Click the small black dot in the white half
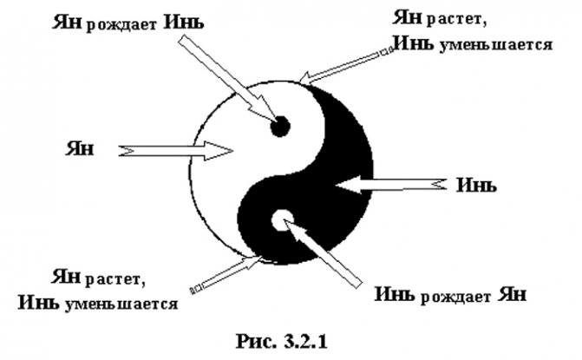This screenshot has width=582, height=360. click(x=279, y=127)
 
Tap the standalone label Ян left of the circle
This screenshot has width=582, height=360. click(x=77, y=147)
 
